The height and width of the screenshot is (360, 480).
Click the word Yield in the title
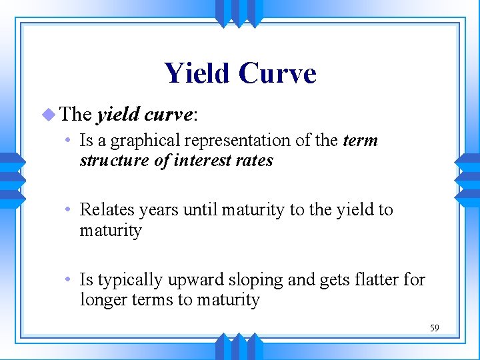click(x=197, y=73)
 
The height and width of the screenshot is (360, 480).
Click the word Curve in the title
click(x=278, y=73)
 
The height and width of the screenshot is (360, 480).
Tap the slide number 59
click(x=434, y=328)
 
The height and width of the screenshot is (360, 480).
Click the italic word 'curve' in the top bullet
click(x=167, y=115)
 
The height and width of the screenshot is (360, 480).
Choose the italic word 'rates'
click(x=256, y=161)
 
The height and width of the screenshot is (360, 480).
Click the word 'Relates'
click(x=105, y=209)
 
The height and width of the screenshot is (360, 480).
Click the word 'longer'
click(x=102, y=301)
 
